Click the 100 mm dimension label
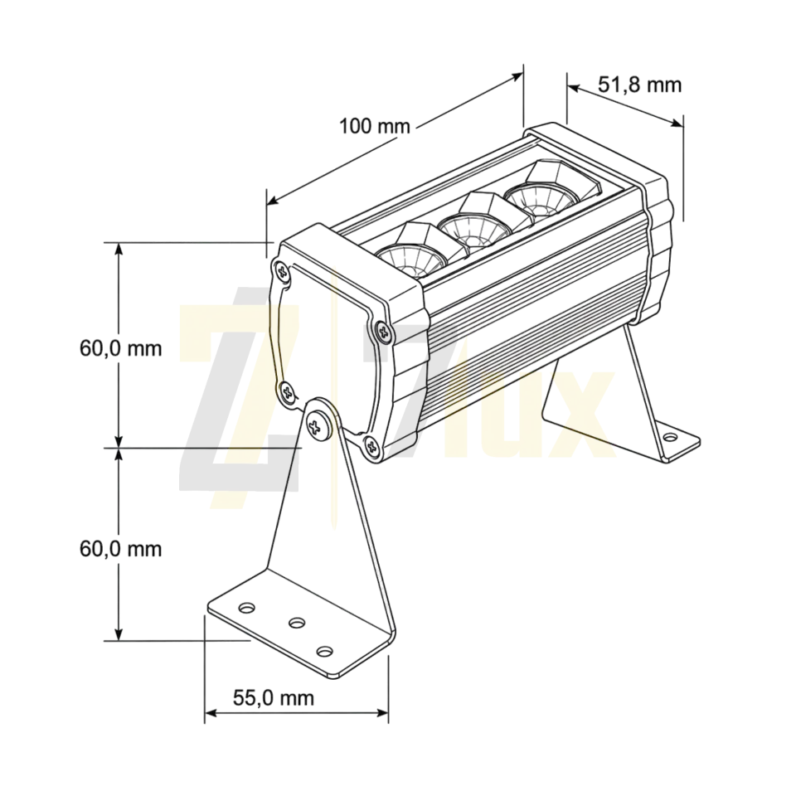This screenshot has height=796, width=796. pyautogui.click(x=374, y=126)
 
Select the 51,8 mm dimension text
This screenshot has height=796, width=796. pyautogui.click(x=639, y=85)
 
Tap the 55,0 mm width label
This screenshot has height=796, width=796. pyautogui.click(x=274, y=697)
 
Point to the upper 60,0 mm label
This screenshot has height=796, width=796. pyautogui.click(x=121, y=349)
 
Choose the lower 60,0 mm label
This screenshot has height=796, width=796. pyautogui.click(x=121, y=549)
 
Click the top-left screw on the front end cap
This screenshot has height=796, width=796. pyautogui.click(x=282, y=272)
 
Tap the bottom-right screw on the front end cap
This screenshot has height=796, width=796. pyautogui.click(x=372, y=447)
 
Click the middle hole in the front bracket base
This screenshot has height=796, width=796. pyautogui.click(x=297, y=622)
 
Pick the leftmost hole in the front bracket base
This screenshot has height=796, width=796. pyautogui.click(x=247, y=607)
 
